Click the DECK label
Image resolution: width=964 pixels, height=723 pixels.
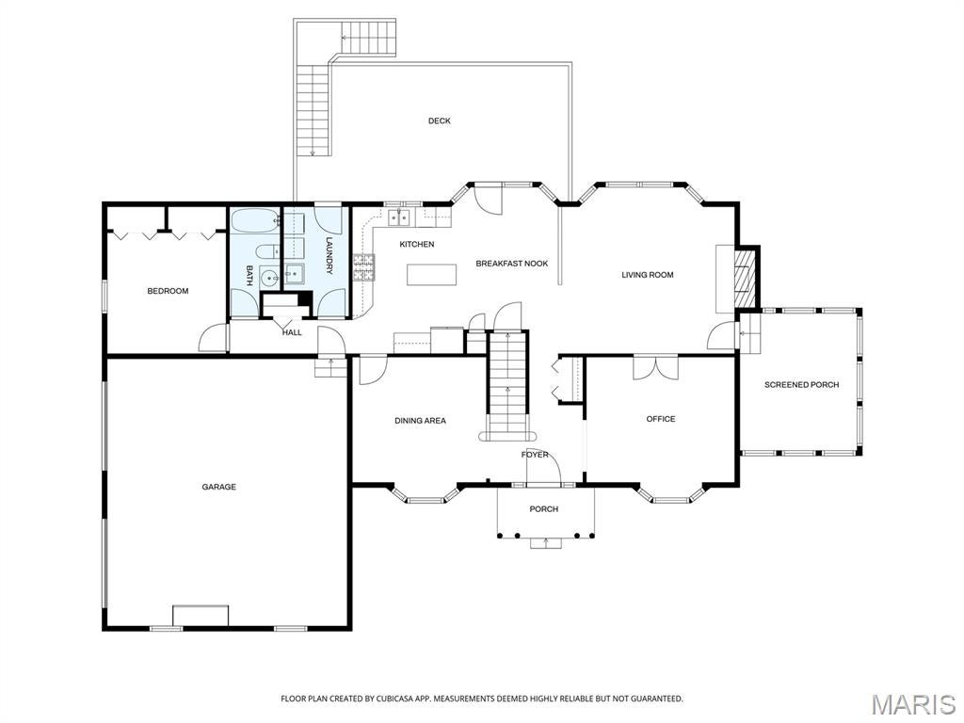pos(439,121)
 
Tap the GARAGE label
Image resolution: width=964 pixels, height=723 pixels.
pos(218,487)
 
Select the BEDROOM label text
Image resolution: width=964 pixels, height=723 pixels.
pos(168,291)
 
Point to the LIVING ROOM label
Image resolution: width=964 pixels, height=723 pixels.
pos(648,275)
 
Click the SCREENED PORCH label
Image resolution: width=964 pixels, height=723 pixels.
pos(802,385)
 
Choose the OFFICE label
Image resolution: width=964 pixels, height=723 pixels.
pos(661,419)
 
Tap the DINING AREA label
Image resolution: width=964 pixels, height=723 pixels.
pos(421,421)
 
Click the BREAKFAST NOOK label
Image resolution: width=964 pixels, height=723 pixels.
pos(512,264)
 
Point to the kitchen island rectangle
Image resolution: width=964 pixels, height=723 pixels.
pos(431,274)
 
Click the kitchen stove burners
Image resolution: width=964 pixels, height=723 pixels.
pos(363,267)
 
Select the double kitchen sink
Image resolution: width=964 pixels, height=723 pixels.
pos(399,217)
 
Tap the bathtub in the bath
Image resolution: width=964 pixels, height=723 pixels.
pos(255,222)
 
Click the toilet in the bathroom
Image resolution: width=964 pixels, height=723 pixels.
pos(266,252)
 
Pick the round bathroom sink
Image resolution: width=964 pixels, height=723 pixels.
pos(269,279)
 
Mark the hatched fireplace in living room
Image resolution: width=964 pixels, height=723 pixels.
pos(746,278)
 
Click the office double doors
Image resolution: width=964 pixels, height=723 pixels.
pos(656,368)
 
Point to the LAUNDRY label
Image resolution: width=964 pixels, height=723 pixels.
pos(329,255)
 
